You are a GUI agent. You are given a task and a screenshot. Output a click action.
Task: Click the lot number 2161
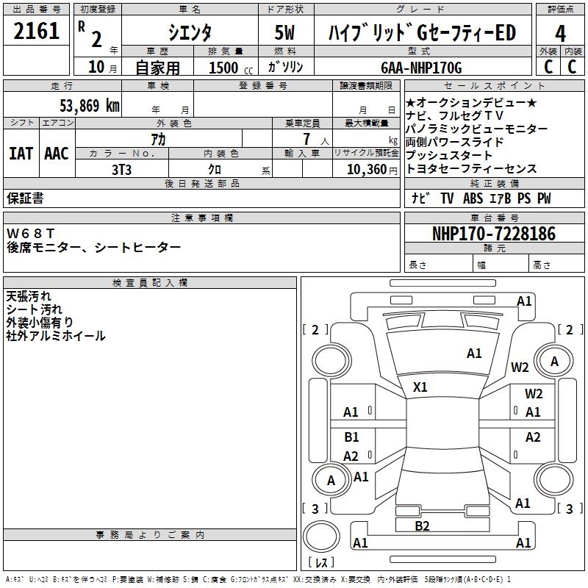coord(37,32)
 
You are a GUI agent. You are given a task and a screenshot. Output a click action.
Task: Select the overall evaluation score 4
coord(561,33)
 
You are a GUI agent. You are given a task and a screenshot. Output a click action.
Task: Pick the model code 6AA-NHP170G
coord(421,68)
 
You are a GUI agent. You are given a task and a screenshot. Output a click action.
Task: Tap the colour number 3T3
coord(121,168)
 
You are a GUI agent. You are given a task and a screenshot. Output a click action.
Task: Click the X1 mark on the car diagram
coord(420,387)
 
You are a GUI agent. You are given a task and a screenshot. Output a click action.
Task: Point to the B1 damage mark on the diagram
coord(351,437)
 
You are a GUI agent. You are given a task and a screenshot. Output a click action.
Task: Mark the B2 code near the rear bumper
coord(422,526)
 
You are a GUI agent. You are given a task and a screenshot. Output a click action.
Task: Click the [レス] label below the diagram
coord(321,563)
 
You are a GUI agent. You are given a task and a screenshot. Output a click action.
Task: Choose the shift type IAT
coord(21,154)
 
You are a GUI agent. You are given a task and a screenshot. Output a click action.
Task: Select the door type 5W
coord(285,32)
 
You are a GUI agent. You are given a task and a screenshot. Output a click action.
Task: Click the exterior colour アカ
coord(157,139)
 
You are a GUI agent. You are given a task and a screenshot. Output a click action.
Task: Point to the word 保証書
coord(25,198)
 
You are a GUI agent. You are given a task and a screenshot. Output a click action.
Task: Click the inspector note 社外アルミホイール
coord(56,336)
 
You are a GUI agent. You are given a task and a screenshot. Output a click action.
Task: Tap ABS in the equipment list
coord(474,198)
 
